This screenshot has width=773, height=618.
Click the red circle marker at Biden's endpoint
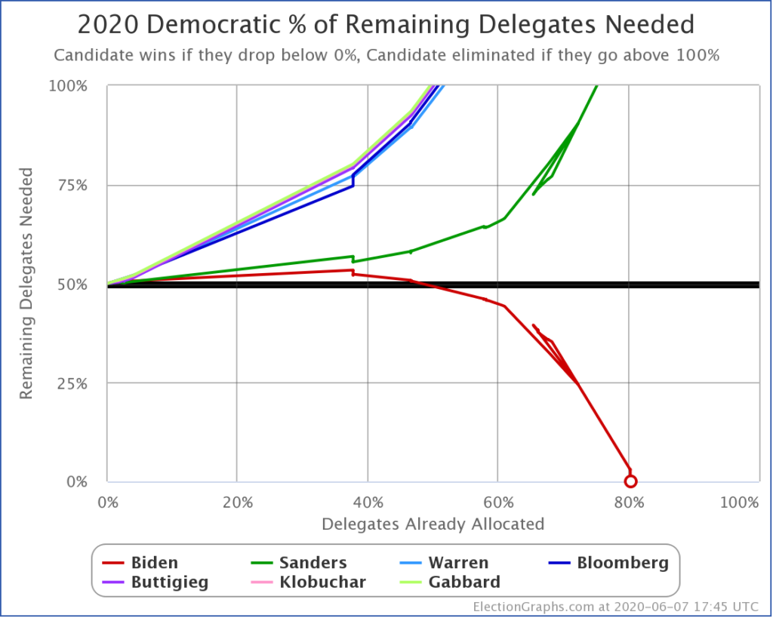[x=630, y=481]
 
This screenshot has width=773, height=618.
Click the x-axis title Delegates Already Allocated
[x=433, y=524]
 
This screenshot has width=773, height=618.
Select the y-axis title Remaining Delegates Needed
[x=26, y=284]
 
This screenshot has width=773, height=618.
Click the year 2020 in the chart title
[x=109, y=26]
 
